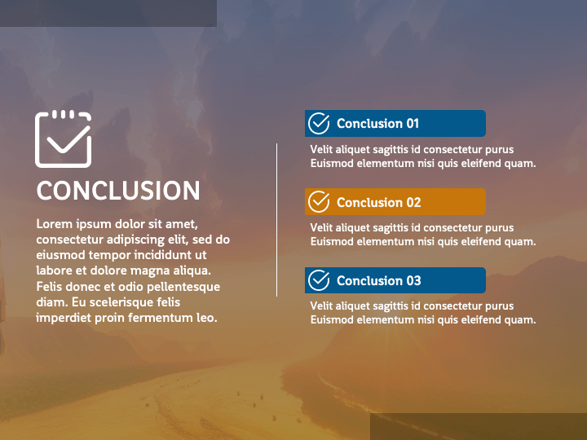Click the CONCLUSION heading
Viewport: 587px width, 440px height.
click(x=118, y=191)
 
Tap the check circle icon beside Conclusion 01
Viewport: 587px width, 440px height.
click(x=319, y=123)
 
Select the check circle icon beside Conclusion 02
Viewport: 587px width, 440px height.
click(x=319, y=202)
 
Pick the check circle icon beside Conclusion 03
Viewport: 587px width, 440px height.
click(x=319, y=280)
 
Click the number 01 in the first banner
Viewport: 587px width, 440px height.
click(x=413, y=124)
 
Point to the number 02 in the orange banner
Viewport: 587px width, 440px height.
click(x=413, y=202)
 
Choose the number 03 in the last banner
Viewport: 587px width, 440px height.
click(x=413, y=280)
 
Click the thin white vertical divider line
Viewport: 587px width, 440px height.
click(x=276, y=220)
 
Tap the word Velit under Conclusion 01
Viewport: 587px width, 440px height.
click(x=321, y=149)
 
